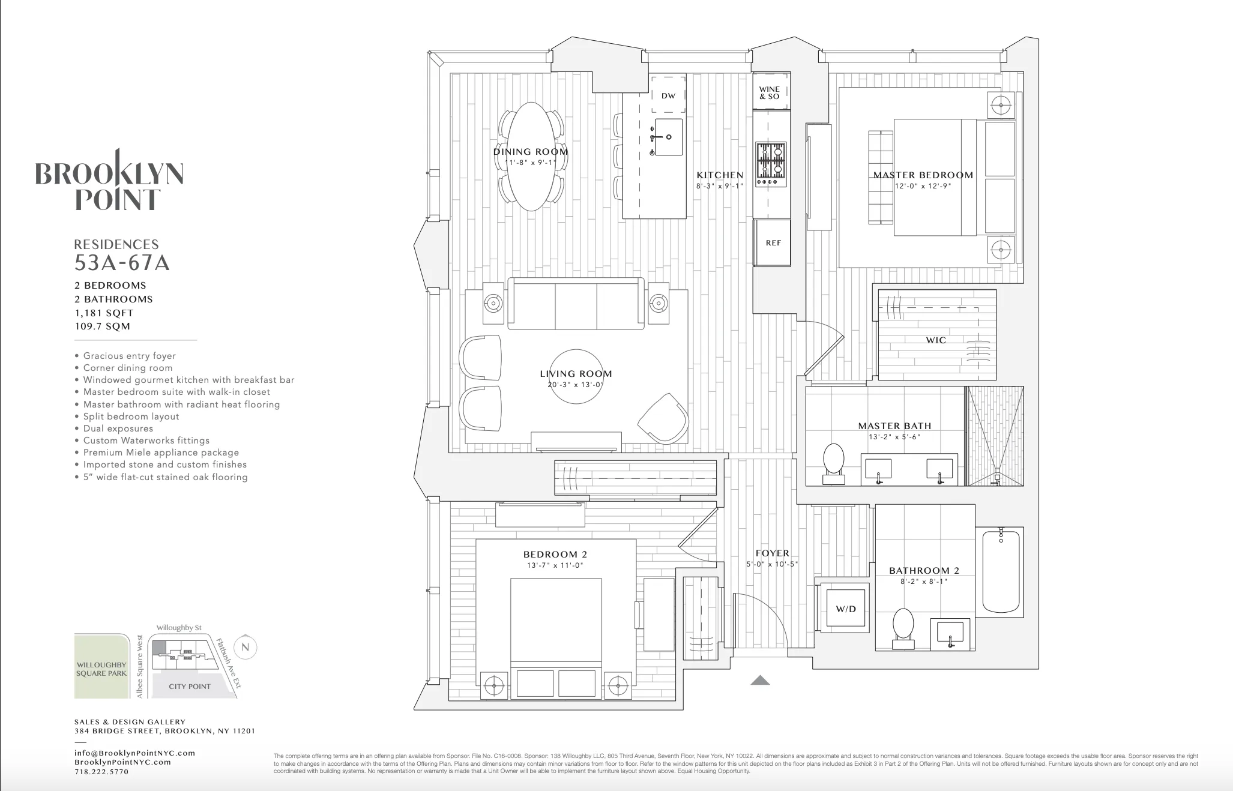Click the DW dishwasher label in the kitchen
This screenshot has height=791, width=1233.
668,96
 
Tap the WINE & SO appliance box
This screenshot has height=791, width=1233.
770,92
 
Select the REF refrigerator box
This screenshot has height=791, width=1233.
773,243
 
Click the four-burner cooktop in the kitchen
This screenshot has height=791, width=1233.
771,164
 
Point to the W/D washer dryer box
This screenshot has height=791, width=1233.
846,609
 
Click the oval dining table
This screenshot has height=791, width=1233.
531,157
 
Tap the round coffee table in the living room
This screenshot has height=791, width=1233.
576,377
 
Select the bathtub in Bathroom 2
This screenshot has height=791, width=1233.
1001,570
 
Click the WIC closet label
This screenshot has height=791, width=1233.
936,340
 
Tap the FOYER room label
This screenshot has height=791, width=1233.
772,553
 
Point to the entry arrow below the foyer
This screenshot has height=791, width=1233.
760,680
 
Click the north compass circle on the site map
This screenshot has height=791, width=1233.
245,647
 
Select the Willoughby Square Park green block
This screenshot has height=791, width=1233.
101,666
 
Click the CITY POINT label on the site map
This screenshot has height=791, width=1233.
190,687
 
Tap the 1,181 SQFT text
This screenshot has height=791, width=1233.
104,313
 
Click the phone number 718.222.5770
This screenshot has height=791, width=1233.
101,772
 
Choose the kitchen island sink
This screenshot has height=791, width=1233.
668,137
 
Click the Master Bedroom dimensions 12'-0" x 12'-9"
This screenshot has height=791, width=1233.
923,186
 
